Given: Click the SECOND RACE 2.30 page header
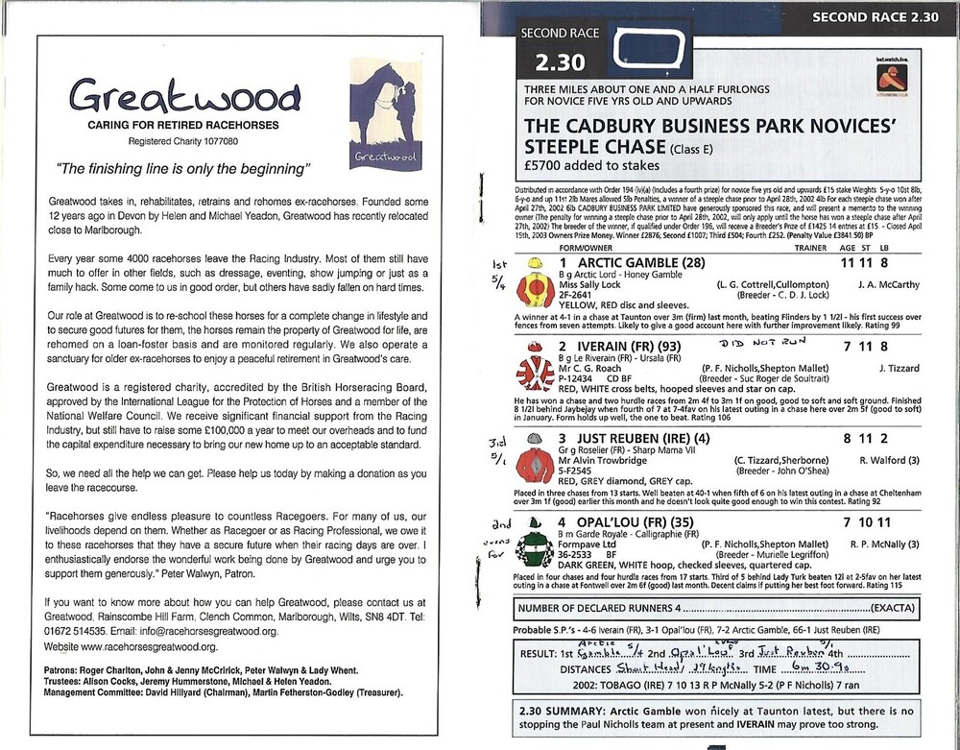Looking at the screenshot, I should [878, 15].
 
